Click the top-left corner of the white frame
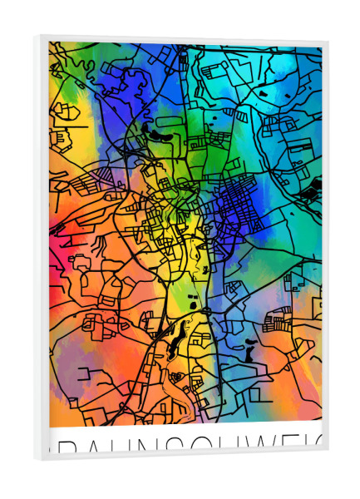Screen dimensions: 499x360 (x=36, y=36)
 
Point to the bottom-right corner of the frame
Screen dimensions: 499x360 (x=328, y=450)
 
